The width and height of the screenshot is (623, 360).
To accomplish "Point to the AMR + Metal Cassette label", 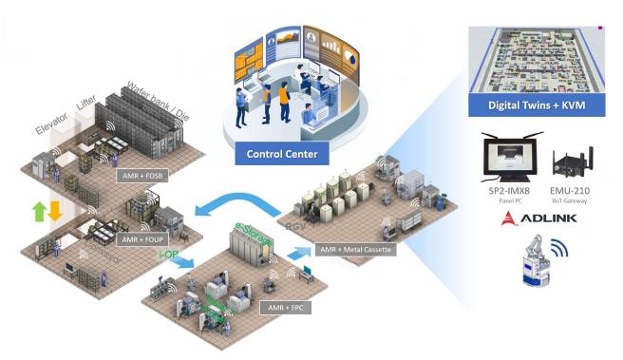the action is pos(358,249).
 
